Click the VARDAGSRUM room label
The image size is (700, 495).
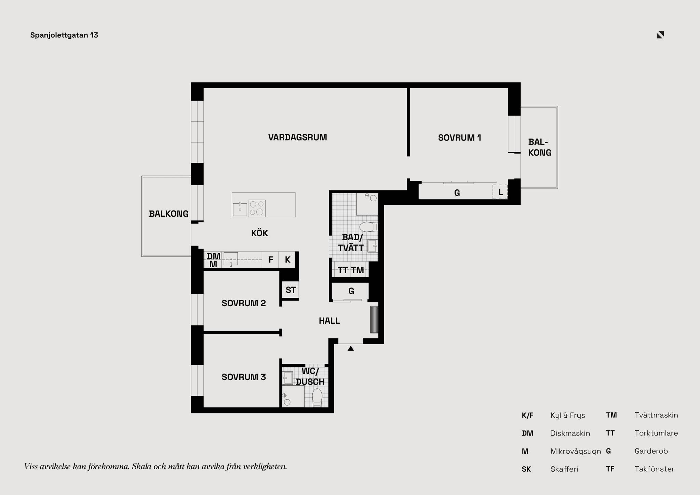[297, 137]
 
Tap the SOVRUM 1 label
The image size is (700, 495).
[459, 138]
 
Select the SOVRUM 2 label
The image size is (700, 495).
[244, 303]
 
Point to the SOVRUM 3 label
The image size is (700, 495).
[244, 377]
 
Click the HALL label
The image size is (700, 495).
[329, 321]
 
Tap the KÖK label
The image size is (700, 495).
[259, 233]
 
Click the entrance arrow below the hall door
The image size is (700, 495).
[351, 348]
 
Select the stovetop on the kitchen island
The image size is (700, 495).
[256, 208]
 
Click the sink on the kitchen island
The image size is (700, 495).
[240, 209]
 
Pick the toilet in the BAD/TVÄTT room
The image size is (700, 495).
[369, 227]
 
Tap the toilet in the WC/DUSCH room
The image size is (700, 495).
[317, 398]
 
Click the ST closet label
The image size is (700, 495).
[291, 290]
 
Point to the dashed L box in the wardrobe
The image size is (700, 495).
[500, 192]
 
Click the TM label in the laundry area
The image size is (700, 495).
[358, 270]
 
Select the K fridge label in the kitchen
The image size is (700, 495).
[287, 260]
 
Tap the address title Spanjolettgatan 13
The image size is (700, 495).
[64, 35]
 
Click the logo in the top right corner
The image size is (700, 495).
[660, 35]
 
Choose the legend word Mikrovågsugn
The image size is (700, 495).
[576, 451]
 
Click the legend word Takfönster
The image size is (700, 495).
[655, 469]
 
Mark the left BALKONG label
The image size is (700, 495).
[169, 214]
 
